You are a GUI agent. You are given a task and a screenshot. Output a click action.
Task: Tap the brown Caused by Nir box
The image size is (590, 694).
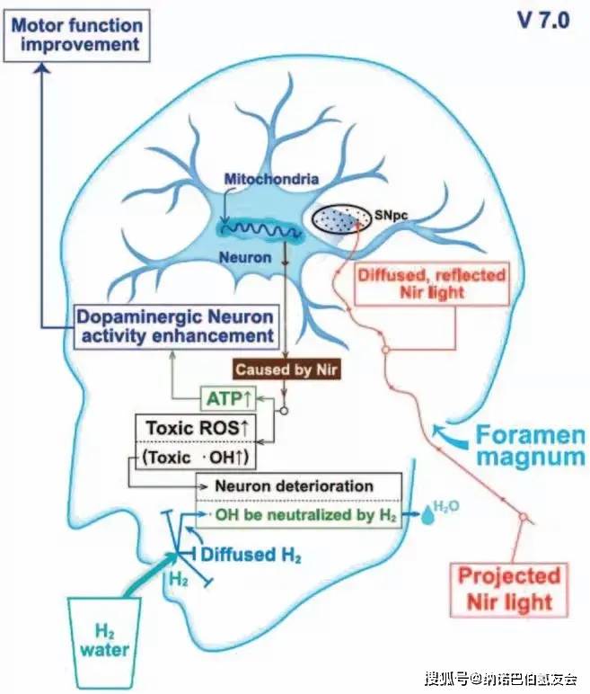(281, 369)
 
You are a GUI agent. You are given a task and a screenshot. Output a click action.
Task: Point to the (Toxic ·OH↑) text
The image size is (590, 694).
(192, 458)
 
